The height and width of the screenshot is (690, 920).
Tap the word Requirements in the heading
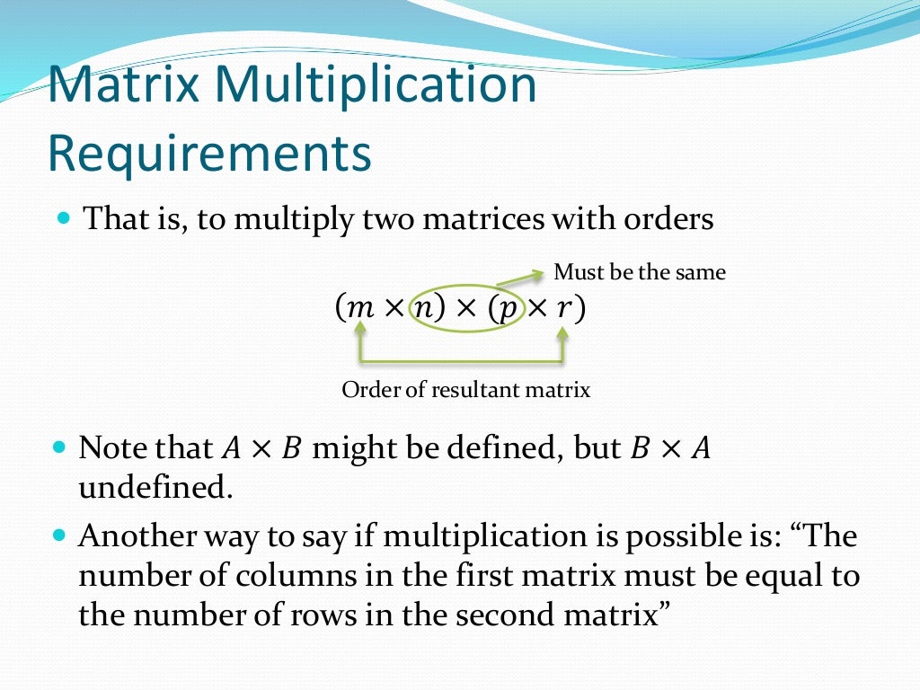coord(208,154)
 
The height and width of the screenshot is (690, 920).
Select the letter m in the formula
coord(359,308)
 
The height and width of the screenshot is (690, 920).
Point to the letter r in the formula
coord(563,308)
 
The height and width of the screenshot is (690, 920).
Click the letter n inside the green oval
coord(422,308)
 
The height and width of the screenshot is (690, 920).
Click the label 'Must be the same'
coord(639,271)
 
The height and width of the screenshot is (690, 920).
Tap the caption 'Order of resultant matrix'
coord(465,390)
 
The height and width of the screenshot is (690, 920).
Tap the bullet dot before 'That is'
coord(63,218)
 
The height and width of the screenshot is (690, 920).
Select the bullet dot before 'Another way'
coord(63,536)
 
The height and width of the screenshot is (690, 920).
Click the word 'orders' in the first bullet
coord(667,219)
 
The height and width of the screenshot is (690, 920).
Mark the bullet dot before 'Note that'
coord(63,447)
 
